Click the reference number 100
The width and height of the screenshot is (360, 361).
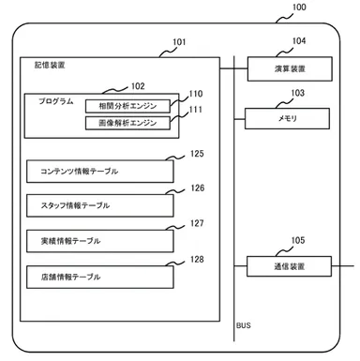299,8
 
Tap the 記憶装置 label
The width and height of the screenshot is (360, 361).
37,67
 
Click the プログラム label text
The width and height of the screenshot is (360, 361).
56,99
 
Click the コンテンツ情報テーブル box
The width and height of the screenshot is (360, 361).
100,171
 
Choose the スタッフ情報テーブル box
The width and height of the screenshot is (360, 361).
100,205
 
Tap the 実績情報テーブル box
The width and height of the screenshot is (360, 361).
100,240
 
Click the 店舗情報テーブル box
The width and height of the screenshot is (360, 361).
100,276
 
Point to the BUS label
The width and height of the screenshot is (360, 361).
244,325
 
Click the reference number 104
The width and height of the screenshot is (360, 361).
298,42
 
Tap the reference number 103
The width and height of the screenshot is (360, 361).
298,93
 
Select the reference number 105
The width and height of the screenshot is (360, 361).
298,240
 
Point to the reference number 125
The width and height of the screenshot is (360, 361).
197,153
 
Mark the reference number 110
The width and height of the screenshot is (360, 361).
195,95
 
